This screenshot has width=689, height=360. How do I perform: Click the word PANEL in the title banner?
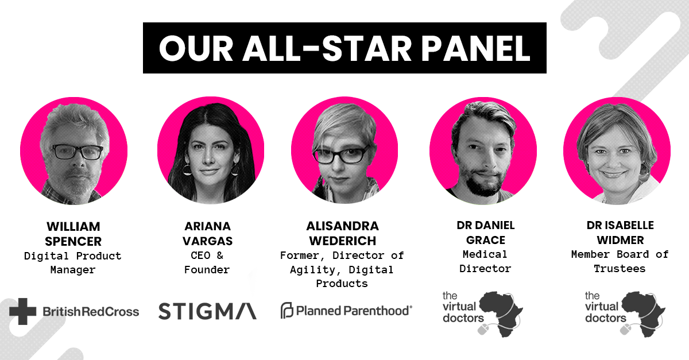[x=475, y=48]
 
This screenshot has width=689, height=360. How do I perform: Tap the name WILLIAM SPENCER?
[x=73, y=234]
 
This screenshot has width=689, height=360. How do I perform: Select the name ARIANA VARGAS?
[x=208, y=234]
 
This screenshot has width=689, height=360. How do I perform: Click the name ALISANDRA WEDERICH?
[x=342, y=233]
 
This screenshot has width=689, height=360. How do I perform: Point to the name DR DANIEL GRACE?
[x=486, y=233]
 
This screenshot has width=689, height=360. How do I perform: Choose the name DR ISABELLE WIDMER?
[x=620, y=233]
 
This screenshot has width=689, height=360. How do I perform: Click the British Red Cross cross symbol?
[x=23, y=311]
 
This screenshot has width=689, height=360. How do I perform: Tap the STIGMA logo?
[x=208, y=311]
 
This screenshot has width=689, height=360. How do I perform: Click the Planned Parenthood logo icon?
[x=287, y=310]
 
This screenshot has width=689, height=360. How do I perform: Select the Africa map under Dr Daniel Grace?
[x=500, y=312]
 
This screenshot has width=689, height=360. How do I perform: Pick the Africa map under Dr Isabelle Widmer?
[x=642, y=312]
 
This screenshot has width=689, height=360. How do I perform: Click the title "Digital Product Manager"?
[x=73, y=263]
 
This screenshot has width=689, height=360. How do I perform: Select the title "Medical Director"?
[x=485, y=262]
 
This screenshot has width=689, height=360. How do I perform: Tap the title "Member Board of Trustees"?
[x=620, y=262]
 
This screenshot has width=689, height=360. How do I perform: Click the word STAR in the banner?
[x=367, y=48]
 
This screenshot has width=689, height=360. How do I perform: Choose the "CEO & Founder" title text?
[x=207, y=262]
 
